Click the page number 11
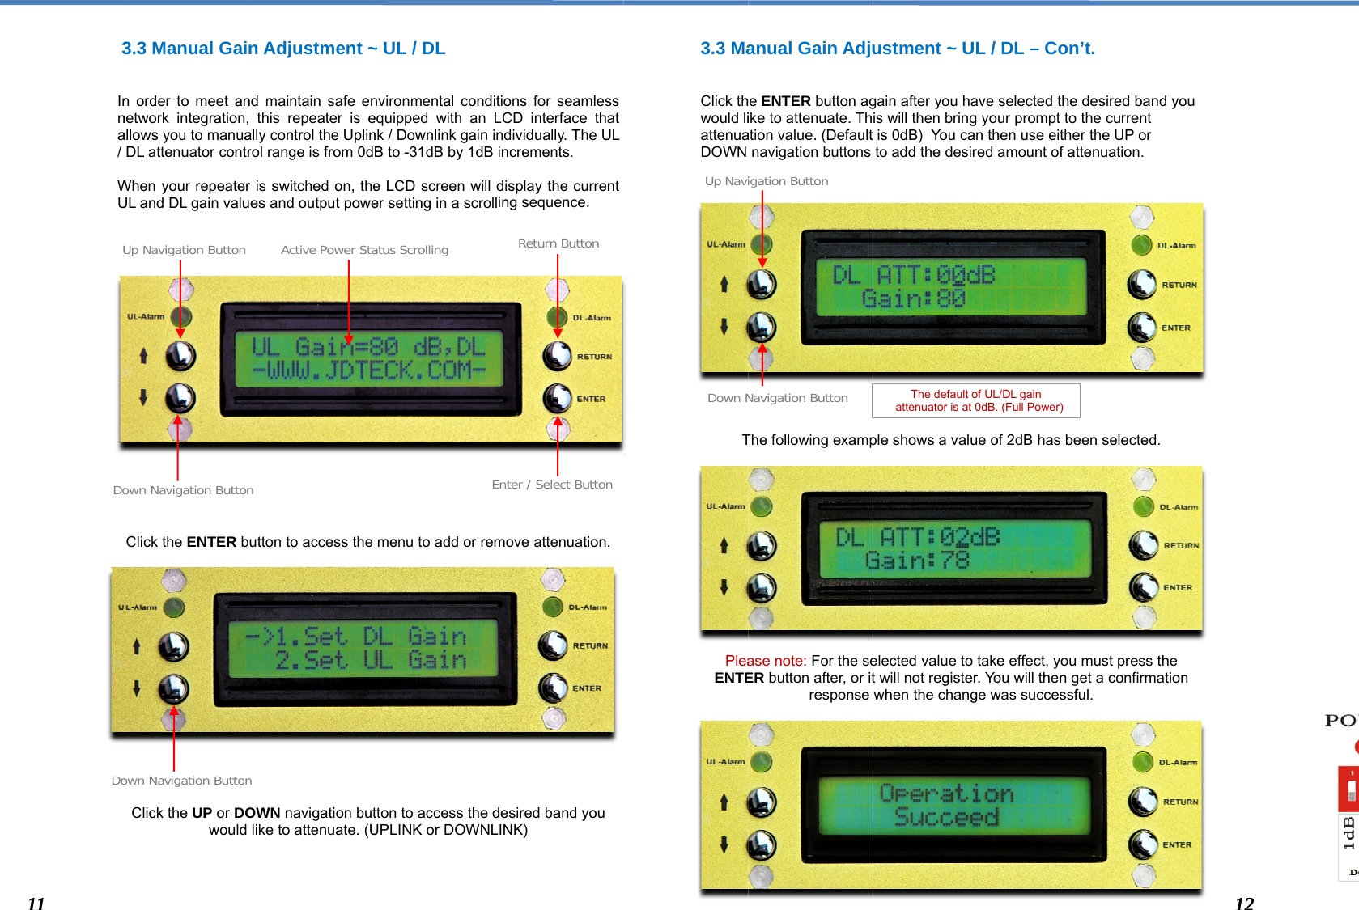[x=36, y=904]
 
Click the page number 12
[x=1244, y=904]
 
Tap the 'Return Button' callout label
[x=558, y=243]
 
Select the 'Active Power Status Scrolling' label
[x=364, y=250]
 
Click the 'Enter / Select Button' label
[x=552, y=485]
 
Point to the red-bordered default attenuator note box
[x=975, y=400]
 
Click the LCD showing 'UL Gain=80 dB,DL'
[x=369, y=359]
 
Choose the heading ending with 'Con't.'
[x=898, y=49]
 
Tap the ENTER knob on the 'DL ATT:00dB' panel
[x=1142, y=327]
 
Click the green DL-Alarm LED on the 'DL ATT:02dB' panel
[x=1144, y=506]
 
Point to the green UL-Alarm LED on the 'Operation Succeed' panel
[x=760, y=761]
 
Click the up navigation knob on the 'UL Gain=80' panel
[x=180, y=356]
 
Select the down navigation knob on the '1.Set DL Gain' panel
[x=173, y=689]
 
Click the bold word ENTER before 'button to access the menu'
[x=211, y=542]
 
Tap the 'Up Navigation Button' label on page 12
[x=767, y=181]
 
